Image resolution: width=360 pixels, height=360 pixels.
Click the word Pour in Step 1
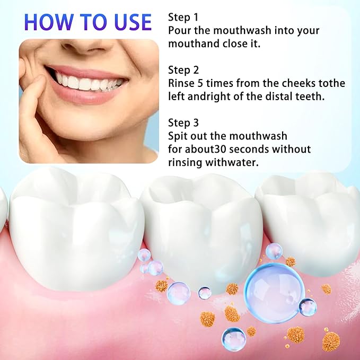click(179, 30)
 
